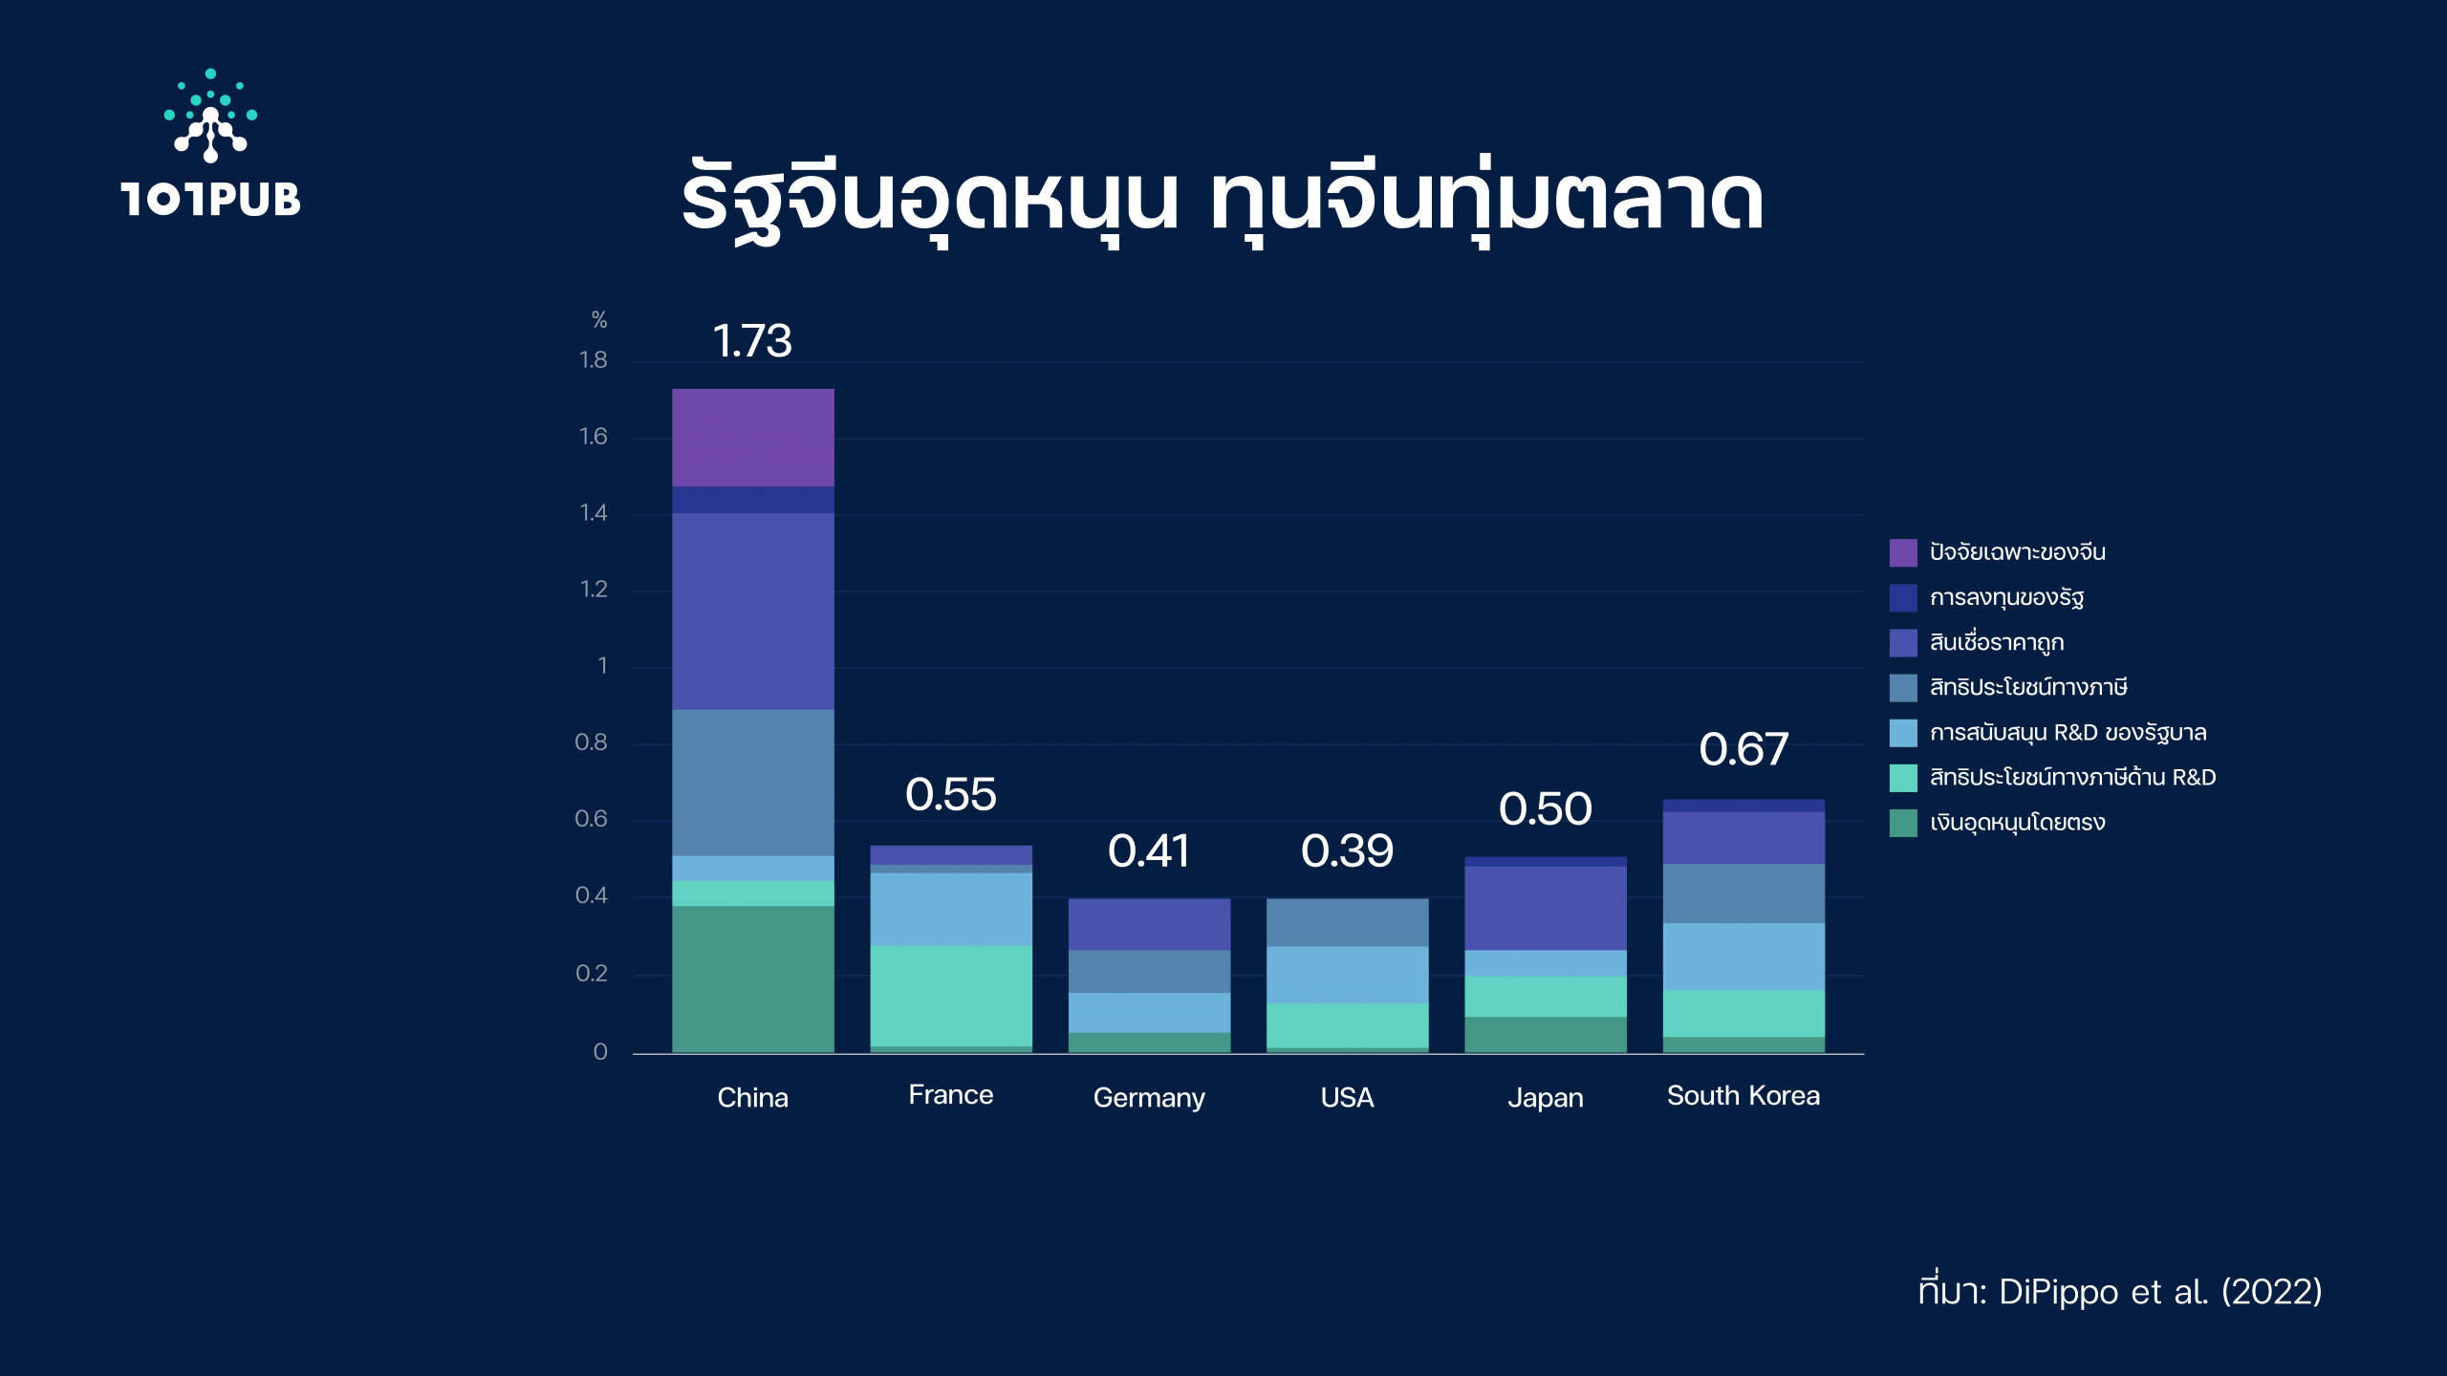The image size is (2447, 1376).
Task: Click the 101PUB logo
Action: click(210, 143)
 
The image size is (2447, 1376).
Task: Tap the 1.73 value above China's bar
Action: click(752, 341)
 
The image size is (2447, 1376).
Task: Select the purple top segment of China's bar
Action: click(753, 438)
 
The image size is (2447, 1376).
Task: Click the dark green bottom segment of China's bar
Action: click(753, 979)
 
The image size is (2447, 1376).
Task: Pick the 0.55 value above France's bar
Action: click(951, 794)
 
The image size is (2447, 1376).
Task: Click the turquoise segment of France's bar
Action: click(951, 996)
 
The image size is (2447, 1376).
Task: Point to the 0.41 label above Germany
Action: click(1149, 851)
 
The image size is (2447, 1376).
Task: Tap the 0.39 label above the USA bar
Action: click(1348, 851)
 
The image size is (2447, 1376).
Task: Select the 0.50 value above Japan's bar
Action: click(1546, 809)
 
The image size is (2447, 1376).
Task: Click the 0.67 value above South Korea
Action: click(1743, 749)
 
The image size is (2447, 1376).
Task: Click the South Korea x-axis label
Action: click(1743, 1095)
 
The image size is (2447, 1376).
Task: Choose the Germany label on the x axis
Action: click(1149, 1098)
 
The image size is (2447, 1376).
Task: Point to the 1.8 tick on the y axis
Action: click(593, 360)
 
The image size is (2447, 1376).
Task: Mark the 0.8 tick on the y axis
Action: click(591, 742)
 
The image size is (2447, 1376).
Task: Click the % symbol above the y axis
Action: click(599, 320)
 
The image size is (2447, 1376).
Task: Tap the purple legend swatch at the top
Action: click(1903, 552)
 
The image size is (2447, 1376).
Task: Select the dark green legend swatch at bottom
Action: click(1903, 823)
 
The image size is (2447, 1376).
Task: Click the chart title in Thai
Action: click(1223, 201)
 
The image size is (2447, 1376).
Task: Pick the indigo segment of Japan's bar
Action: click(1546, 908)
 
